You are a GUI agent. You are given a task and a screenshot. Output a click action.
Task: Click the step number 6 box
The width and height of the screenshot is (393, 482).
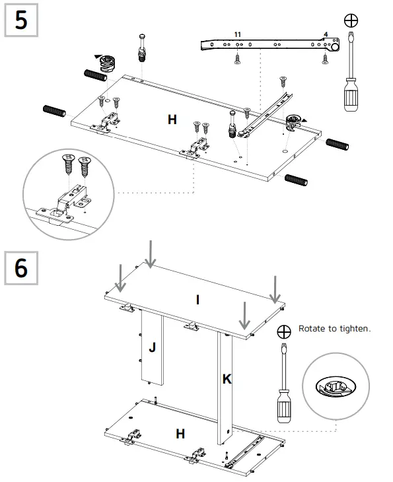coord(20,268)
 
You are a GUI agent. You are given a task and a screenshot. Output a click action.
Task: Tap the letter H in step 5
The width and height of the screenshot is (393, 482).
coord(172,120)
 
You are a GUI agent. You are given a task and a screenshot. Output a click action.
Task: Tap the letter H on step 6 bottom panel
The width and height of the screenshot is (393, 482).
coord(180,434)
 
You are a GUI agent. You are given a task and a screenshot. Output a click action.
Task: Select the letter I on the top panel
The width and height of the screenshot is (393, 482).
coord(197,300)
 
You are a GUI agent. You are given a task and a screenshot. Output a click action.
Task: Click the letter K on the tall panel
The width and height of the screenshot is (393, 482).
coord(227,380)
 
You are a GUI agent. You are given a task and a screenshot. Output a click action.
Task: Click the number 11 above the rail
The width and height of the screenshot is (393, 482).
coord(238,34)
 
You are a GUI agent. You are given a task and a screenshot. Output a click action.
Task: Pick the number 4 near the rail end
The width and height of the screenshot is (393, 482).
coord(325,34)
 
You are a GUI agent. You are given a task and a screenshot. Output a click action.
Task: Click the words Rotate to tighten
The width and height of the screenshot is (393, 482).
coord(334,329)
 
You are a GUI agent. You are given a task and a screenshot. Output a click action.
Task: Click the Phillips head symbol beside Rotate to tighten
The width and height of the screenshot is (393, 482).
coord(284,331)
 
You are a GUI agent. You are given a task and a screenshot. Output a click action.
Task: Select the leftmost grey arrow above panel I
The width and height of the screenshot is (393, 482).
coord(120,278)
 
